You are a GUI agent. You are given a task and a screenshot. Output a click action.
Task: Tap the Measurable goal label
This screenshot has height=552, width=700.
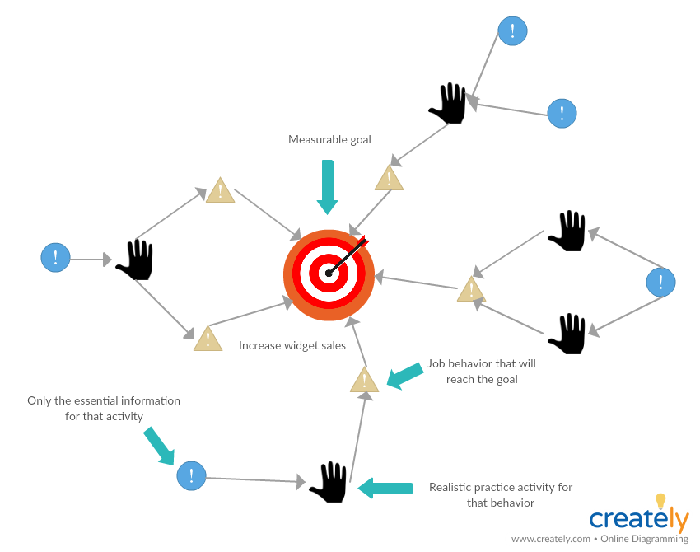[x=329, y=140]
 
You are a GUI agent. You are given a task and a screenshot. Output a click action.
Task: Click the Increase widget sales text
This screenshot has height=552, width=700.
[x=292, y=346]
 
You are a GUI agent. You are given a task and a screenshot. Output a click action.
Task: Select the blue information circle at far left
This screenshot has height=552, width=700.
[x=55, y=257]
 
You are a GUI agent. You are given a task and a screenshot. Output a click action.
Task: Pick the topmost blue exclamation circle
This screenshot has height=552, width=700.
[x=512, y=31]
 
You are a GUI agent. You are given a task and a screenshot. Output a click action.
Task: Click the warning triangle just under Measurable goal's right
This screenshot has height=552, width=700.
[x=389, y=179]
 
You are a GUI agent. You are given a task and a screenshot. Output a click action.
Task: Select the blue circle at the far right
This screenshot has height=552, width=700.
[x=660, y=283]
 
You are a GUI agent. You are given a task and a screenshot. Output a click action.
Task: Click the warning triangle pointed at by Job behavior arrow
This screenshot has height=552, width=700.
[x=364, y=381]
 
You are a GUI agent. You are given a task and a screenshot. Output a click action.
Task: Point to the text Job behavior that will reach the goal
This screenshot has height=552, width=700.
[x=481, y=372]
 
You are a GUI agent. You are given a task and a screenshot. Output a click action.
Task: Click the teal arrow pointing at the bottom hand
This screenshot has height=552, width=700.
[x=385, y=488]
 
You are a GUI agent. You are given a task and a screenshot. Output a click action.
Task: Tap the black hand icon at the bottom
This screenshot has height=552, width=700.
[x=329, y=482]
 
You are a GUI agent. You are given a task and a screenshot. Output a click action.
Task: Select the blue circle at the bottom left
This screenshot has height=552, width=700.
[x=191, y=475]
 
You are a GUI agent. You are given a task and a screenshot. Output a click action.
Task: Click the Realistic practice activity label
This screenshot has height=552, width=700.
[x=501, y=495]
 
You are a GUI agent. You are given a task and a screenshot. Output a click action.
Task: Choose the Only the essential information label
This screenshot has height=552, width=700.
[x=104, y=409]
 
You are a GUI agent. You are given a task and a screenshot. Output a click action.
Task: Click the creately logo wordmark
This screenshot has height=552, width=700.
[x=638, y=519]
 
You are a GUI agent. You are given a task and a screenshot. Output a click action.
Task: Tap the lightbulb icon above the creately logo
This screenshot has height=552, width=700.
[x=660, y=501]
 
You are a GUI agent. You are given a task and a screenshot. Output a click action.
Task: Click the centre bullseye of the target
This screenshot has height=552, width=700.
[x=329, y=274]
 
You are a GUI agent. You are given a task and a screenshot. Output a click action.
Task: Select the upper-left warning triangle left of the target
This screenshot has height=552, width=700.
[x=220, y=191]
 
